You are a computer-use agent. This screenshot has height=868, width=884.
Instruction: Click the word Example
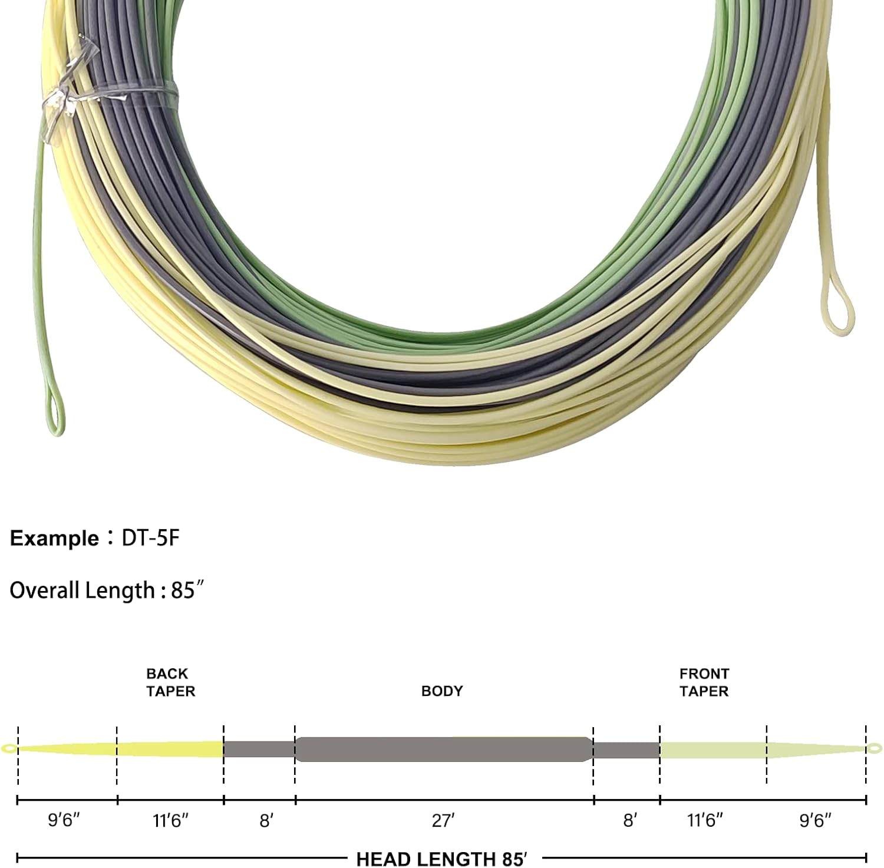(54, 539)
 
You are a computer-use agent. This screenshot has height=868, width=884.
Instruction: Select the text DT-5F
(150, 538)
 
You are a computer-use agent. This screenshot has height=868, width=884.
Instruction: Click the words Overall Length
(82, 590)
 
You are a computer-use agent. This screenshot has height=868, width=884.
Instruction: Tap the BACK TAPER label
(170, 682)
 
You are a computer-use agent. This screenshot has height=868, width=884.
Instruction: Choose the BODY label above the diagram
(442, 691)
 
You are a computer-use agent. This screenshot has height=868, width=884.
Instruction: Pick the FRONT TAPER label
(704, 682)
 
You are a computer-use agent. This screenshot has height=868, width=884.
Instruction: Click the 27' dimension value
(443, 820)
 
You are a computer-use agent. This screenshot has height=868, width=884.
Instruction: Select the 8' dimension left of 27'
(266, 820)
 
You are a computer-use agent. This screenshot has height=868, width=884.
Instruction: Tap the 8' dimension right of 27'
(630, 820)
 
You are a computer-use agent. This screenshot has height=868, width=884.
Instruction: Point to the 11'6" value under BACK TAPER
(171, 820)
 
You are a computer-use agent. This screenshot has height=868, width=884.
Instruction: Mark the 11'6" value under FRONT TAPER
(705, 820)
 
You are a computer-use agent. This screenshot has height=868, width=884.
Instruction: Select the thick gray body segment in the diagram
(444, 750)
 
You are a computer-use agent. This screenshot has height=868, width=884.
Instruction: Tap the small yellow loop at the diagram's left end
(9, 749)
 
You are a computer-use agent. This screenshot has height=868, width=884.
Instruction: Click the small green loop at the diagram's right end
(875, 749)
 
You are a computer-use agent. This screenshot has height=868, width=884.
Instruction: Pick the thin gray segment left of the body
(259, 750)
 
